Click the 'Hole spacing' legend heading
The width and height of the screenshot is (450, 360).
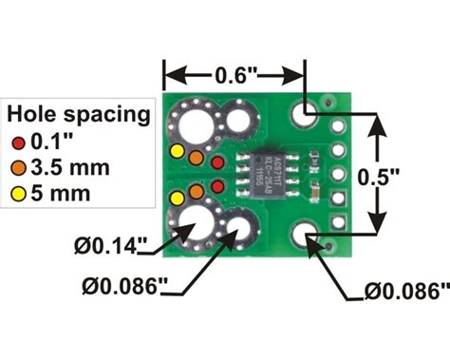coord(79,115)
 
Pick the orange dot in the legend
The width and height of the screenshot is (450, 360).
coord(20,169)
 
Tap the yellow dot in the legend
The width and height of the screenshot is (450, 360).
coord(20,195)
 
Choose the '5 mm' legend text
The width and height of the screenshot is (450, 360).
coord(61,195)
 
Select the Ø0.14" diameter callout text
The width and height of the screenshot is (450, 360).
coord(111,246)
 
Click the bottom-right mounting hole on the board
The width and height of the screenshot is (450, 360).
coord(305,236)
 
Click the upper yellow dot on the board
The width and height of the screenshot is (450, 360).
coord(176,152)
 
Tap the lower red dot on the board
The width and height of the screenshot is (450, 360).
coord(217,186)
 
